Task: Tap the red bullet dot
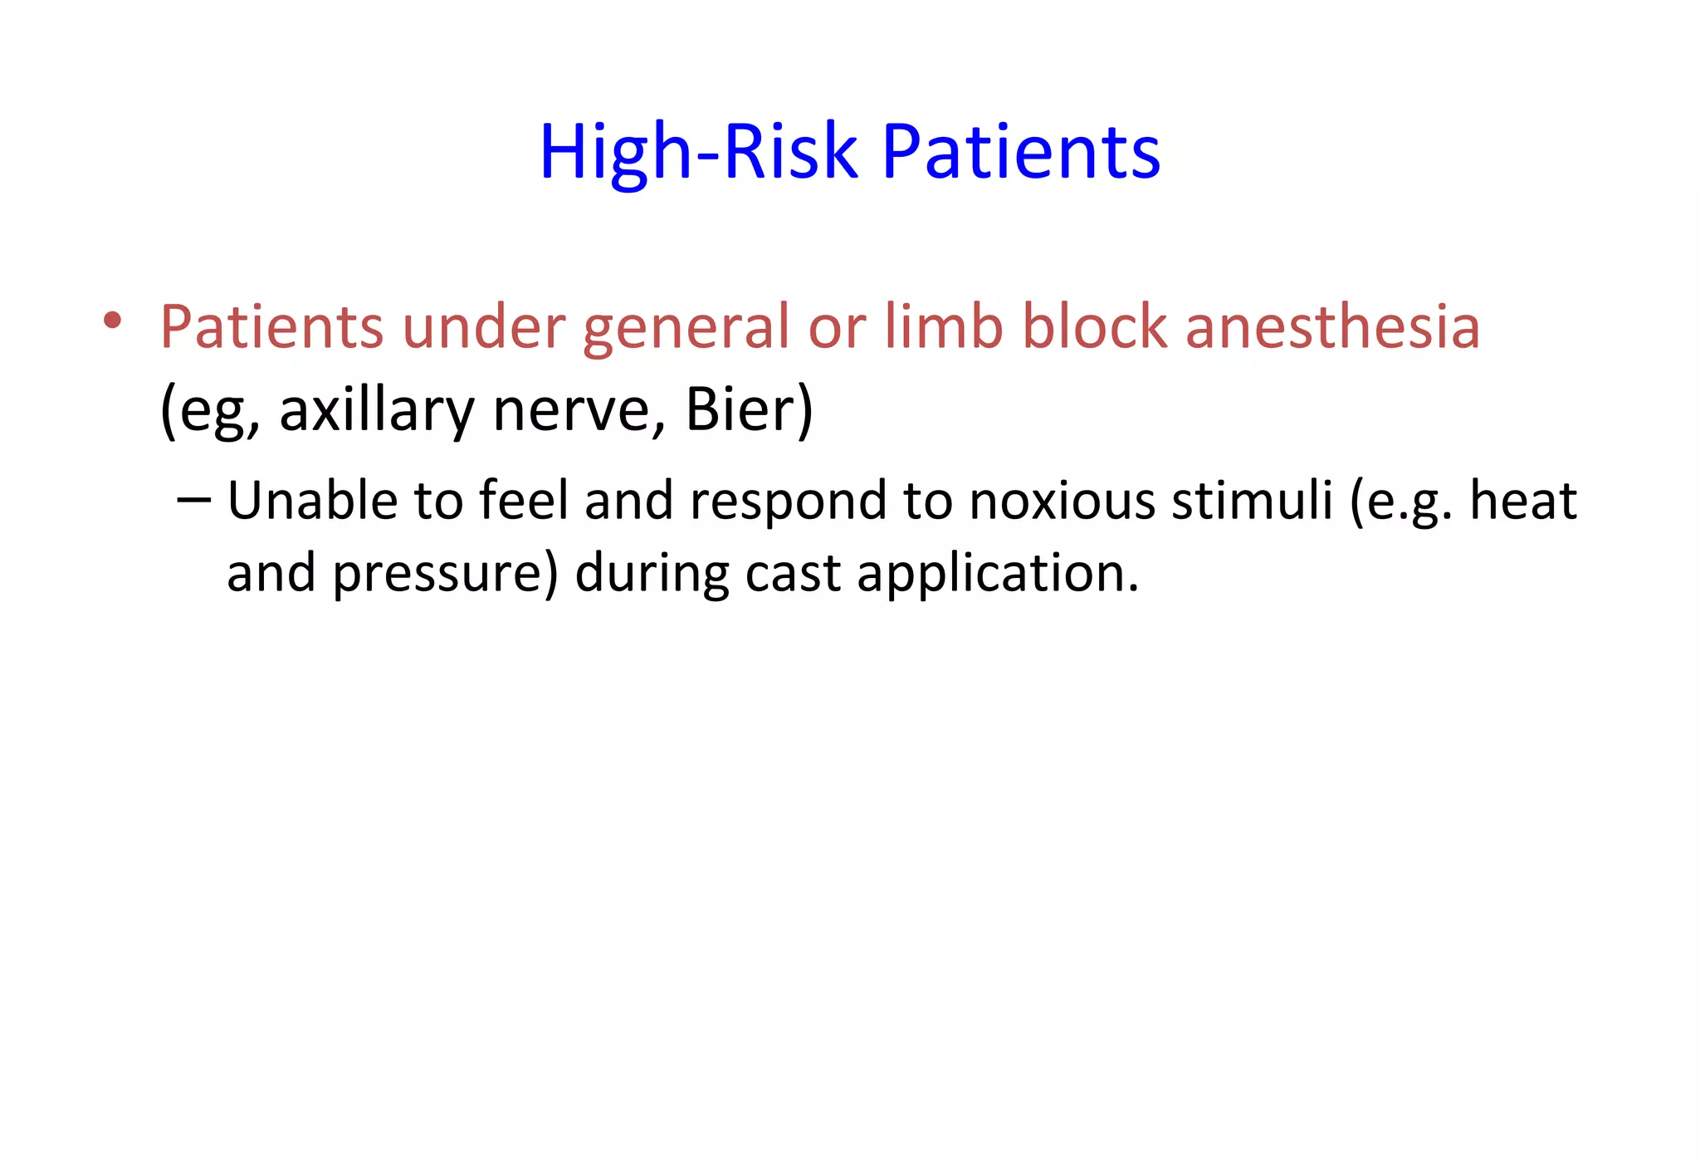tap(113, 321)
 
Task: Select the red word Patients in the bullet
tap(271, 326)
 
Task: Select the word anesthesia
tap(1332, 326)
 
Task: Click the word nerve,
tap(579, 411)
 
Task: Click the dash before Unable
tap(194, 501)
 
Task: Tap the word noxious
tap(1062, 501)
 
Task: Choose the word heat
tap(1522, 501)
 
